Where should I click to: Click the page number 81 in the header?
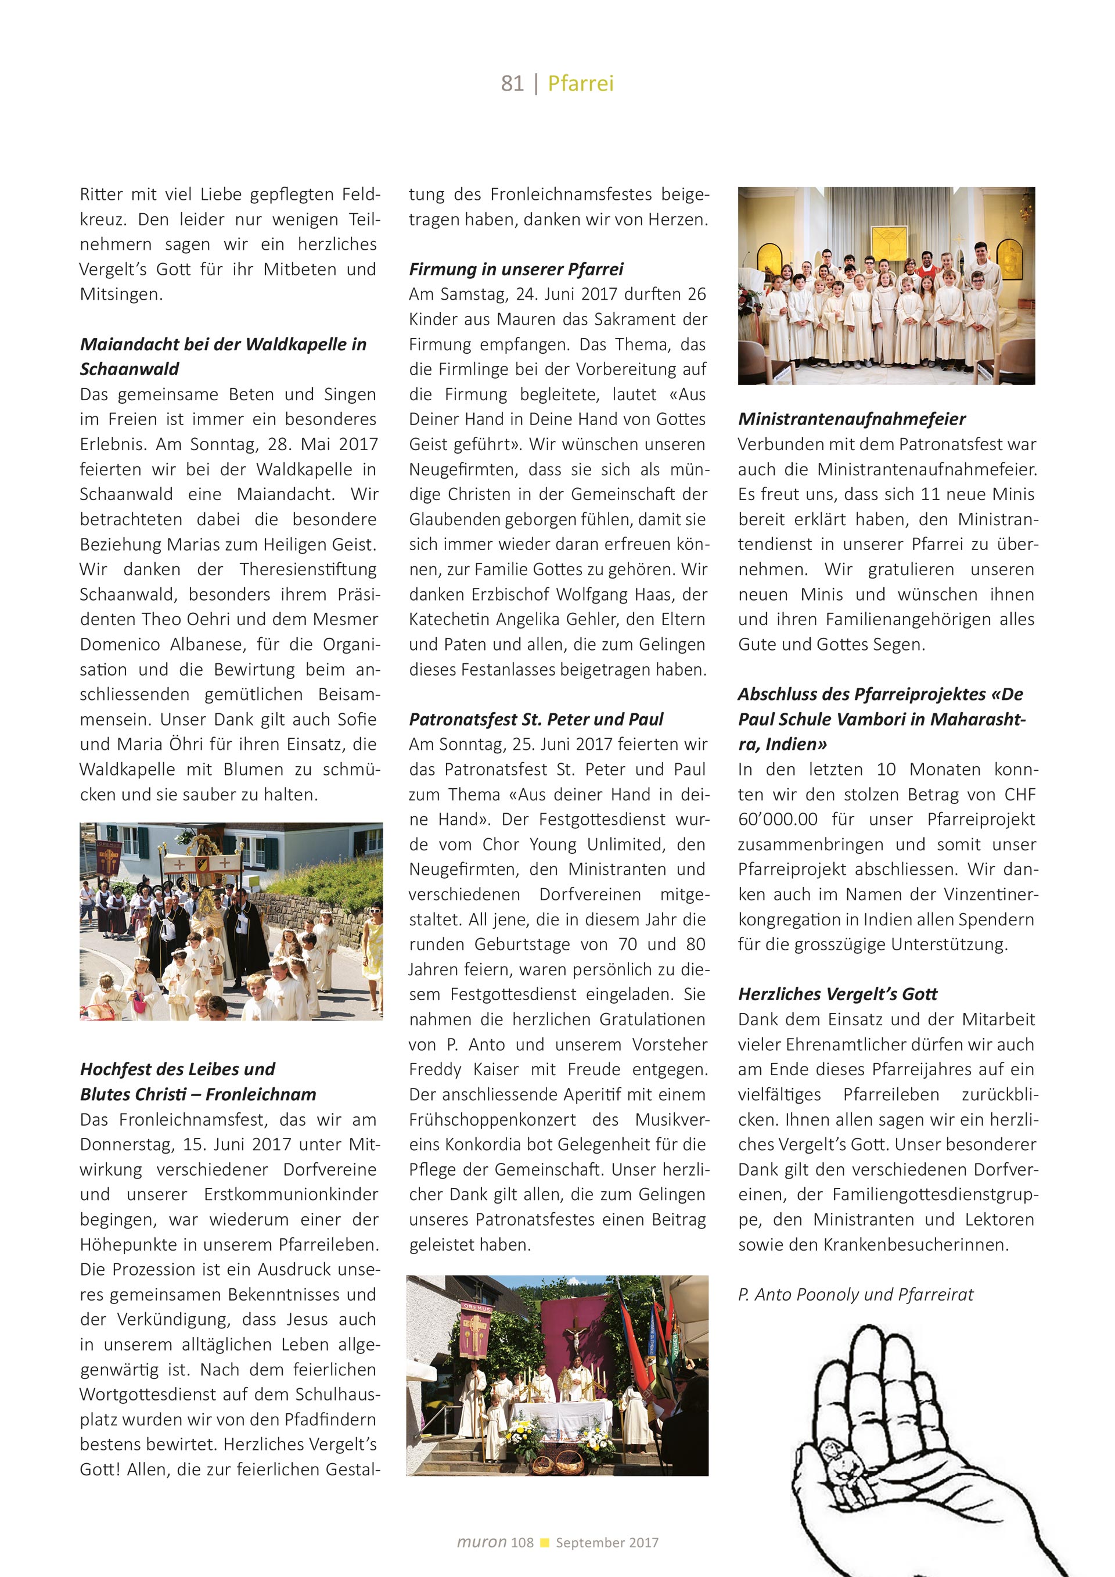512,84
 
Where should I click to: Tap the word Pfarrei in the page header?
580,84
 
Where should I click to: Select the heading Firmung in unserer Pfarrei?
516,270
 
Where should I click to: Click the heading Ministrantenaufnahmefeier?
851,419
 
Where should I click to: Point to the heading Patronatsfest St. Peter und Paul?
535,719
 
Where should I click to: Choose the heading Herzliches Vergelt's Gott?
837,994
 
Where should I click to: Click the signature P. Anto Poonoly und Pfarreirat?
855,1295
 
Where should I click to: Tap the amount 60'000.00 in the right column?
777,820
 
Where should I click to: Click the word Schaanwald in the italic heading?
129,369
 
